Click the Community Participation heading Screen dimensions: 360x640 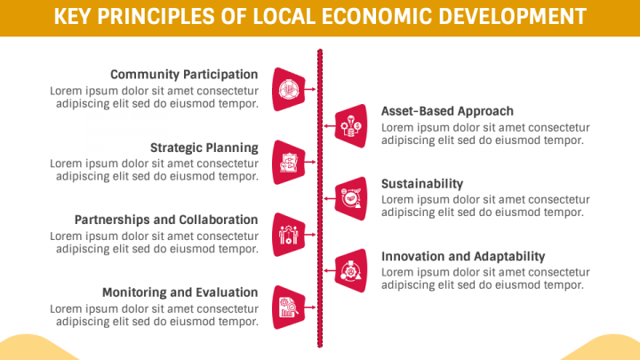point(184,75)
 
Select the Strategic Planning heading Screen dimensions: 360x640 point(204,148)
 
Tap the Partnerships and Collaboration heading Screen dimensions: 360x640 point(166,220)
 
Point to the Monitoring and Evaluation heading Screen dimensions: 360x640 point(180,292)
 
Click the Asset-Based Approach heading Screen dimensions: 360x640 point(447,111)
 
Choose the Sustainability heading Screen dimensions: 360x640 point(422,183)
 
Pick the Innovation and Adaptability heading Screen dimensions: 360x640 point(463,256)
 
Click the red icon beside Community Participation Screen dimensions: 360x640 point(288,89)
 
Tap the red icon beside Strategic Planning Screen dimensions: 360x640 point(288,162)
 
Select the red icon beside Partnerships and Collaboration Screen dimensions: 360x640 point(288,234)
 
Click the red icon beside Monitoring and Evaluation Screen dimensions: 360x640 point(288,307)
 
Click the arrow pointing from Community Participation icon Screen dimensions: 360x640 point(310,89)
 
